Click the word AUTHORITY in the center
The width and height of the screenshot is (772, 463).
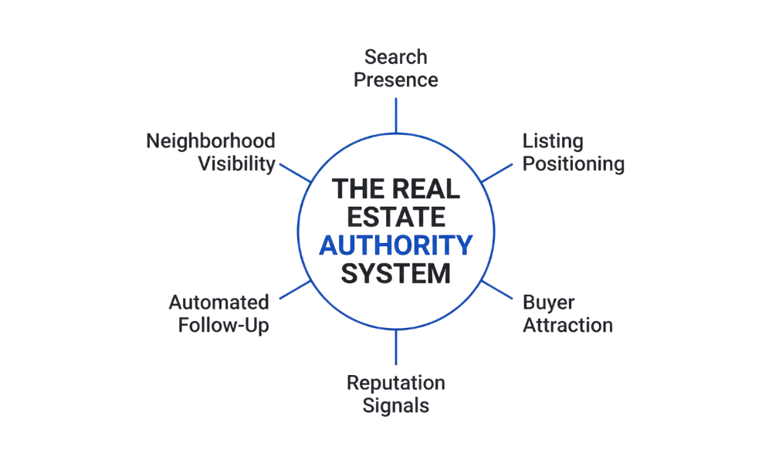395,245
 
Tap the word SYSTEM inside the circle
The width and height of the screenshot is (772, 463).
396,273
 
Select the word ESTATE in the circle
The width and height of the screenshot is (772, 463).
396,217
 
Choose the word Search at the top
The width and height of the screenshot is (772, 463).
396,57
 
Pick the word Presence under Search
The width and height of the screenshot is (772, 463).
396,79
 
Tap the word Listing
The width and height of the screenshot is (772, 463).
553,141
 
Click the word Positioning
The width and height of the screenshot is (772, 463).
574,164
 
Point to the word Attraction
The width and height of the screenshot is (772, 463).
567,325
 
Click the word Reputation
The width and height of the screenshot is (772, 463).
396,383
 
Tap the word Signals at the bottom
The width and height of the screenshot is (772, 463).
396,405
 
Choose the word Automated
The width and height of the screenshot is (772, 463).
219,302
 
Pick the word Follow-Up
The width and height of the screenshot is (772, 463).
223,325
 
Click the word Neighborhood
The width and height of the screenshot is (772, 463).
211,141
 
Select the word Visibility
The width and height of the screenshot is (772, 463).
236,164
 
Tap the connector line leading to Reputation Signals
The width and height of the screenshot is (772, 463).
396,347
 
